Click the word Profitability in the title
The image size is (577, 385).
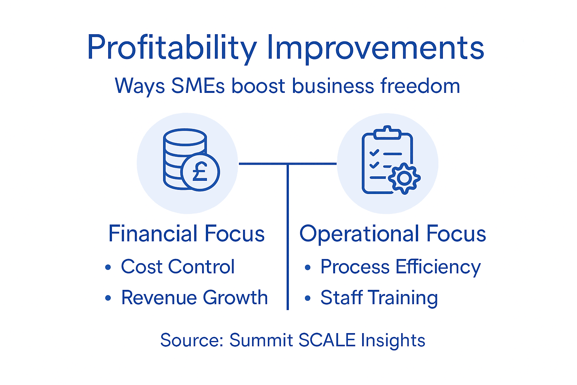click(x=172, y=48)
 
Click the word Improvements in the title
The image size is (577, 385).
click(x=375, y=48)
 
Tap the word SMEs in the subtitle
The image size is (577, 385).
click(x=198, y=86)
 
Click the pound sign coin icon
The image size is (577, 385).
click(x=200, y=172)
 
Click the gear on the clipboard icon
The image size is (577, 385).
click(x=404, y=178)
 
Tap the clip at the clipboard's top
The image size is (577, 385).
click(x=387, y=133)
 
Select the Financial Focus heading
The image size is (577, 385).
click(x=186, y=233)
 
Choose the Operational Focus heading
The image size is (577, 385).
click(x=393, y=233)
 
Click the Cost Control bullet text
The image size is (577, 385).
click(x=178, y=267)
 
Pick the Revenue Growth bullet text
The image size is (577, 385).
click(x=194, y=298)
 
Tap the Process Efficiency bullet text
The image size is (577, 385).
click(x=400, y=267)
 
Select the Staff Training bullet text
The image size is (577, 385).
click(x=379, y=298)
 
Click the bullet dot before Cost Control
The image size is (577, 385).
click(x=108, y=267)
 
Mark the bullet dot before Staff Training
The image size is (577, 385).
click(x=308, y=299)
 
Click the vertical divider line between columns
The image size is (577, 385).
click(x=287, y=241)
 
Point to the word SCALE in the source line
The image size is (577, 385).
click(x=327, y=340)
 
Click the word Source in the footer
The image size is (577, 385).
click(x=192, y=340)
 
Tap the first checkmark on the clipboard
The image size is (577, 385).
click(x=374, y=153)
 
